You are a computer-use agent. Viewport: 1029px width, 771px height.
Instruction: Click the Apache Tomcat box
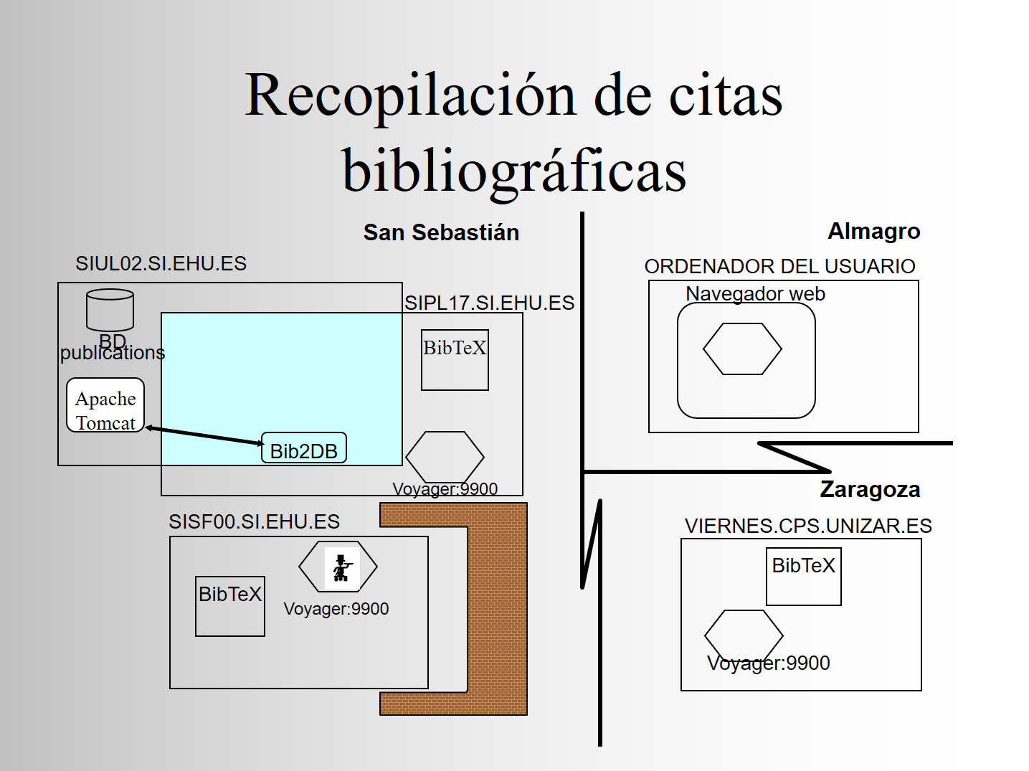click(105, 405)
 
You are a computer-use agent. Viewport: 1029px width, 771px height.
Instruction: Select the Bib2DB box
click(304, 448)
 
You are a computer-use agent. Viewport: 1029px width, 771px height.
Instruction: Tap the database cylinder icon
click(110, 310)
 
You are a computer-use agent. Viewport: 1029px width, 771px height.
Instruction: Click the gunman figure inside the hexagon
click(342, 568)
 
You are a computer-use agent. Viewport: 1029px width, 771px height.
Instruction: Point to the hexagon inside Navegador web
click(742, 349)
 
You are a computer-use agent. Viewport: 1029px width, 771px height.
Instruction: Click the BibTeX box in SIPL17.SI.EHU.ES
click(455, 359)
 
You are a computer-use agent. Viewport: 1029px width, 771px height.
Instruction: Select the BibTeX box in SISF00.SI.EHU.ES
click(230, 606)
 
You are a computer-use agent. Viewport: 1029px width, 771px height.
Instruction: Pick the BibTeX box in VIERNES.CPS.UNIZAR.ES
click(804, 577)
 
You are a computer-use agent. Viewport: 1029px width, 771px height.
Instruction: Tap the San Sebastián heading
click(441, 232)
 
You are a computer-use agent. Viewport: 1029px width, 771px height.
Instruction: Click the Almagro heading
click(874, 231)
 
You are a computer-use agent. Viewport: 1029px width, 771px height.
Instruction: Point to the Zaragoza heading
click(870, 490)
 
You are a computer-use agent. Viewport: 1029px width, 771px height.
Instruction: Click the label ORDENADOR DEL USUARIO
click(779, 266)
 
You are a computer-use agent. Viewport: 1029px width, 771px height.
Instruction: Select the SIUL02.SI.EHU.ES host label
click(161, 263)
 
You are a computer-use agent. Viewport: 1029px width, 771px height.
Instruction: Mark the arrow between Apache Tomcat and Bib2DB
click(205, 435)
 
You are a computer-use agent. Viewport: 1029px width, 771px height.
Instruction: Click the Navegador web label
click(755, 294)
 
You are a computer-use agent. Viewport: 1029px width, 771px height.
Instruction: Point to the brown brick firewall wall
click(498, 609)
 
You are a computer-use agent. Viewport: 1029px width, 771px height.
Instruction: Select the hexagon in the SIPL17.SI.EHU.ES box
click(445, 457)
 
